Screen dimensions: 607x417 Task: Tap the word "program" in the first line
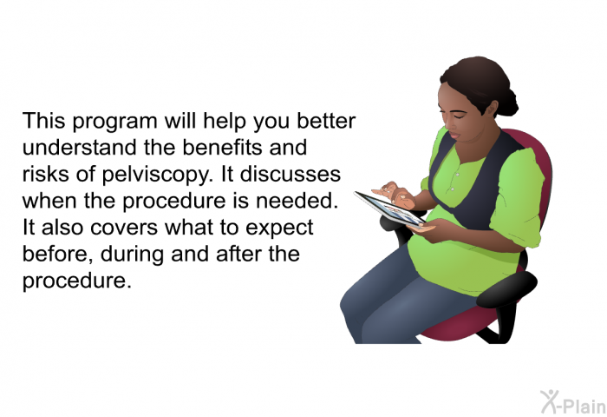click(114, 122)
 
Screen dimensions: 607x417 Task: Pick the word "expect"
click(279, 228)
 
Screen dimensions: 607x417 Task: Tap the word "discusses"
click(290, 174)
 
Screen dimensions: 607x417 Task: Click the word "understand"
click(80, 148)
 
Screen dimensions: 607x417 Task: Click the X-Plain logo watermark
click(573, 402)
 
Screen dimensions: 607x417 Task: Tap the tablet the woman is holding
click(390, 209)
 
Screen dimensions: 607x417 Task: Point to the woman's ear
click(492, 109)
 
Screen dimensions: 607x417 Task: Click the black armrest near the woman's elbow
click(506, 289)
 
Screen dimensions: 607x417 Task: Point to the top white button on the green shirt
click(457, 175)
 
